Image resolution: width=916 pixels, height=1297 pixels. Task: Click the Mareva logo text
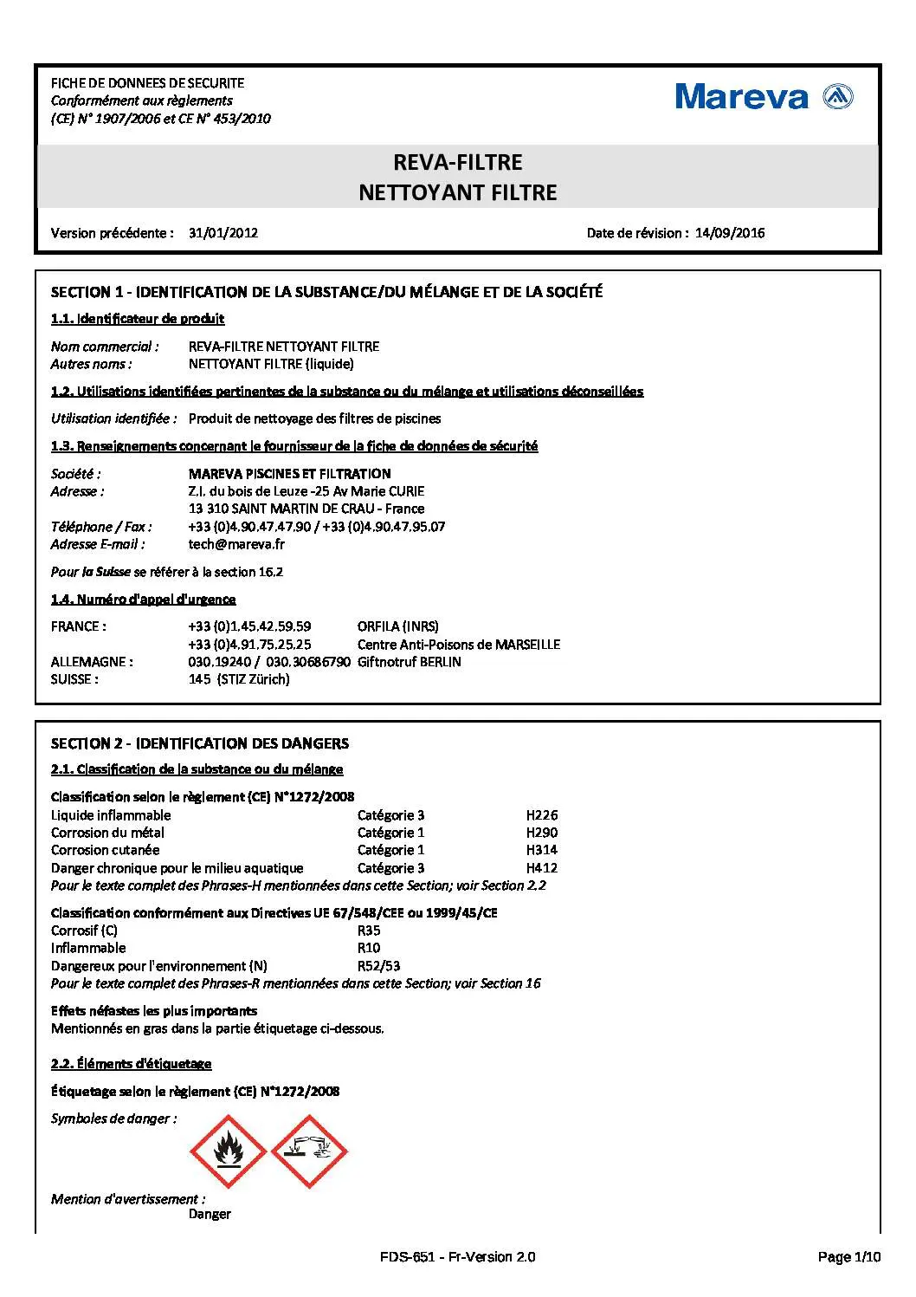point(741,96)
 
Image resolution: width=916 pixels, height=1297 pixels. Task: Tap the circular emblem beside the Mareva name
point(837,96)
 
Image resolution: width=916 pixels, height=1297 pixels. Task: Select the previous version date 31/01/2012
point(223,232)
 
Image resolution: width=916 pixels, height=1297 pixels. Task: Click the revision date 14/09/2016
point(729,232)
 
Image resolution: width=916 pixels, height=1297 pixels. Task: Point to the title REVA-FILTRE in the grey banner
point(457,162)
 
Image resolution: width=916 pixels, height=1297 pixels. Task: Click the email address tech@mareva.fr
point(235,544)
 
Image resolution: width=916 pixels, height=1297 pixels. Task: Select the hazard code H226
point(542,814)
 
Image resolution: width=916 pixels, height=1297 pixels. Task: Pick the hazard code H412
point(542,867)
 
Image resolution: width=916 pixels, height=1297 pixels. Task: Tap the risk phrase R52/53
point(378,965)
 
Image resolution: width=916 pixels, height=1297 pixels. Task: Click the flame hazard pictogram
point(228,1151)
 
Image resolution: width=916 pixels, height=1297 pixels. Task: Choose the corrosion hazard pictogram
point(309,1151)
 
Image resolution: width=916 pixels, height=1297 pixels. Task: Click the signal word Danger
point(210,1214)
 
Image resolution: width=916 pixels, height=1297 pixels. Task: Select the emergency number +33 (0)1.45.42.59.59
point(249,626)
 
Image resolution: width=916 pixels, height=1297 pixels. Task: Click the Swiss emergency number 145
point(200,679)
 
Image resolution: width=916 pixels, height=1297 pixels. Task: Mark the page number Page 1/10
point(848,1256)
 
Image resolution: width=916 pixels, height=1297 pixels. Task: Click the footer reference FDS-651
point(406,1256)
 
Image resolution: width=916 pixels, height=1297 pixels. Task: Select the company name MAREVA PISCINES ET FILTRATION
point(289,473)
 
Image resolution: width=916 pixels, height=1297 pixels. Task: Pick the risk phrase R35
point(369,930)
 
